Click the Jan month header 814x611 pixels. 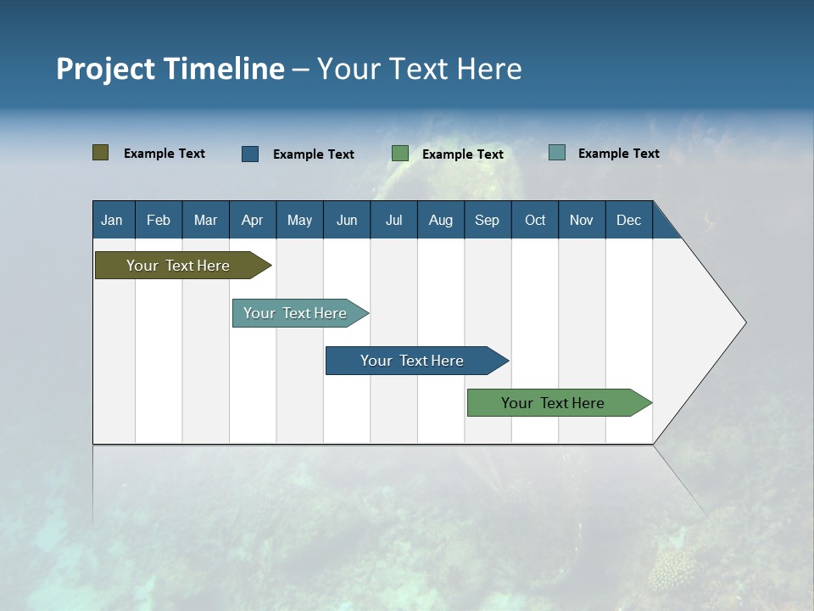tap(112, 220)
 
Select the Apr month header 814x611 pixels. tap(252, 220)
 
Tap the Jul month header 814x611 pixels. tap(393, 220)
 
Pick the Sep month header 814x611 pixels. tap(487, 220)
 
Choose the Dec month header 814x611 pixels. tap(628, 220)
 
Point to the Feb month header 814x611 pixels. tap(159, 220)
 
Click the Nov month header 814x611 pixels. tap(581, 220)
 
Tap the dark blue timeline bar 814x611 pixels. tap(413, 361)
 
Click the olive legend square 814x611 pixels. tap(100, 153)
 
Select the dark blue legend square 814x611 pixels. tap(250, 154)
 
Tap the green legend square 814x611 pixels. tap(400, 154)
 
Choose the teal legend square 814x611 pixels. tap(557, 153)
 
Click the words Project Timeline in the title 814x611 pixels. tap(170, 69)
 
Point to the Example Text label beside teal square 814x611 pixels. tap(618, 154)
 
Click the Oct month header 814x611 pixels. tap(535, 220)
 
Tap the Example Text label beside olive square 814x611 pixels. tap(164, 154)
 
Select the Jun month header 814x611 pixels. tap(347, 220)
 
